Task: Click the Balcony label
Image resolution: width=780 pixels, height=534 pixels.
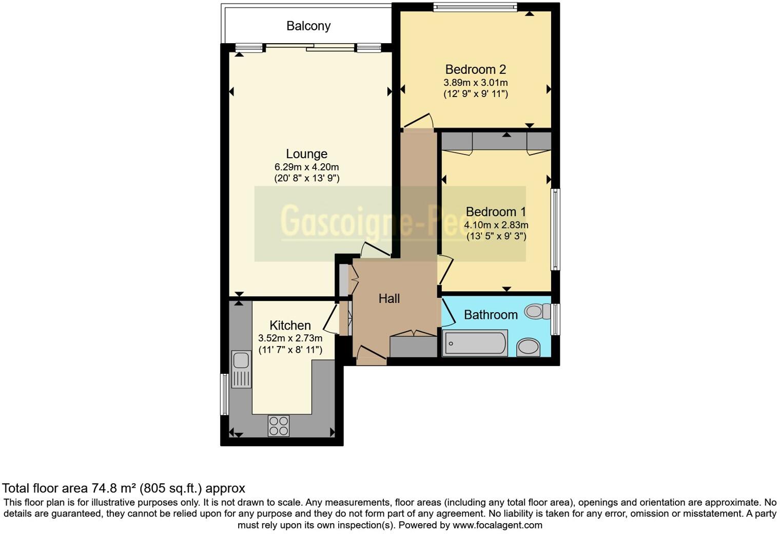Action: (x=308, y=26)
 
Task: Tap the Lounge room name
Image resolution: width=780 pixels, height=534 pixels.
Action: (x=306, y=154)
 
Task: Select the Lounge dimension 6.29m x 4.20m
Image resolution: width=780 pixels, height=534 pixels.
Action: (x=306, y=167)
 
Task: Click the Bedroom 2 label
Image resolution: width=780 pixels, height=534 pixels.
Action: (x=476, y=69)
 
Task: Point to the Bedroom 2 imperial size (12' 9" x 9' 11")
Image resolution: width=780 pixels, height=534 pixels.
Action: (x=476, y=94)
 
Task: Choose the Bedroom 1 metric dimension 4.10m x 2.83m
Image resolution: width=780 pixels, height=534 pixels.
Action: (x=496, y=225)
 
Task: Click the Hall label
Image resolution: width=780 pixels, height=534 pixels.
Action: (x=389, y=299)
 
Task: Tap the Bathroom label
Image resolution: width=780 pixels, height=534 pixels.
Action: (x=491, y=315)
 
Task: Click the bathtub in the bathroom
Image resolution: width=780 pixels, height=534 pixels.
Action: (x=475, y=343)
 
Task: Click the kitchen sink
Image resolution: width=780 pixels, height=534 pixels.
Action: (x=241, y=369)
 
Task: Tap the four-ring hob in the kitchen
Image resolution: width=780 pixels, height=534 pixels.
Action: (x=279, y=426)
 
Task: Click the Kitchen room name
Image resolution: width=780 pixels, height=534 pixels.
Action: (x=290, y=326)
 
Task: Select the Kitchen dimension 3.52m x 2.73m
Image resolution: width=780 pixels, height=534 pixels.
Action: (x=290, y=338)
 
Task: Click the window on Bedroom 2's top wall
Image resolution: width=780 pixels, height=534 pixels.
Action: (x=475, y=7)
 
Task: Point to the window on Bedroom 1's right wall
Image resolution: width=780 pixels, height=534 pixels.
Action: (x=555, y=229)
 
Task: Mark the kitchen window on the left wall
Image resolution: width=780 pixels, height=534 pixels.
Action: (x=224, y=394)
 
